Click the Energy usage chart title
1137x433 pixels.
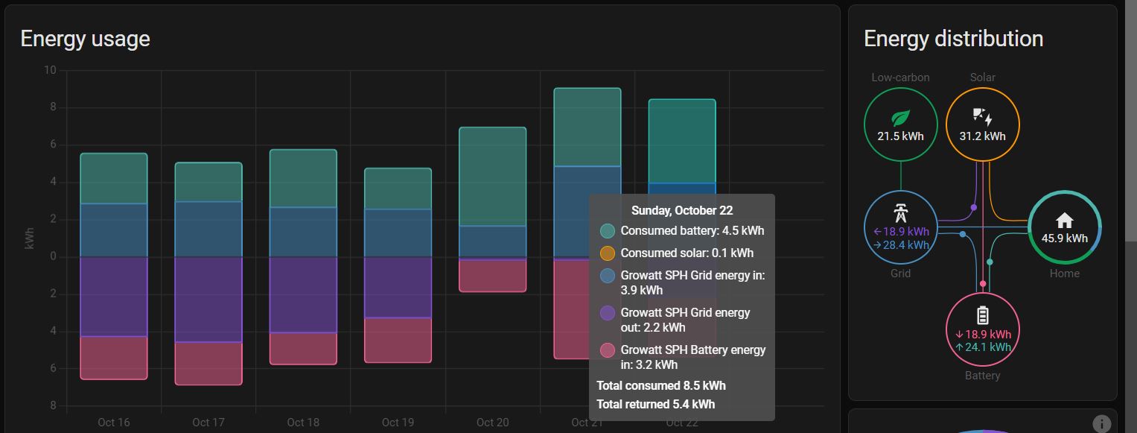tap(85, 39)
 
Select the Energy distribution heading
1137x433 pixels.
tap(953, 39)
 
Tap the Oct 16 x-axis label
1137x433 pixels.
tap(113, 423)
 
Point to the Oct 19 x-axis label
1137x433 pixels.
tap(398, 423)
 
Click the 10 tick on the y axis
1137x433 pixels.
tap(50, 71)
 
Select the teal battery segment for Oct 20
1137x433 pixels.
tap(492, 176)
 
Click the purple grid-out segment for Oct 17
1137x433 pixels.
tap(208, 299)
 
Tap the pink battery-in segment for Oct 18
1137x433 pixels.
tap(303, 348)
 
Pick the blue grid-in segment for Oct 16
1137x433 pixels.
tap(114, 230)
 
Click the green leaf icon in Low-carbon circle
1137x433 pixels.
tap(901, 118)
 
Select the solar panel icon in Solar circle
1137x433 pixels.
tap(982, 117)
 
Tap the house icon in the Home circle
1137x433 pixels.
tap(1065, 220)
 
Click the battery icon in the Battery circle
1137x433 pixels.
tap(983, 315)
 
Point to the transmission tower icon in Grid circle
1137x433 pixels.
tap(901, 212)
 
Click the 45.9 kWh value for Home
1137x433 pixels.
tap(1065, 238)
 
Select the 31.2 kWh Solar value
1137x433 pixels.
tap(983, 136)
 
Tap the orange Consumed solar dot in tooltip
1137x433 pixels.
tap(608, 253)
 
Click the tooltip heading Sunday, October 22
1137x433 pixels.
tap(681, 211)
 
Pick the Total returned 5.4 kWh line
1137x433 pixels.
tap(655, 404)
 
